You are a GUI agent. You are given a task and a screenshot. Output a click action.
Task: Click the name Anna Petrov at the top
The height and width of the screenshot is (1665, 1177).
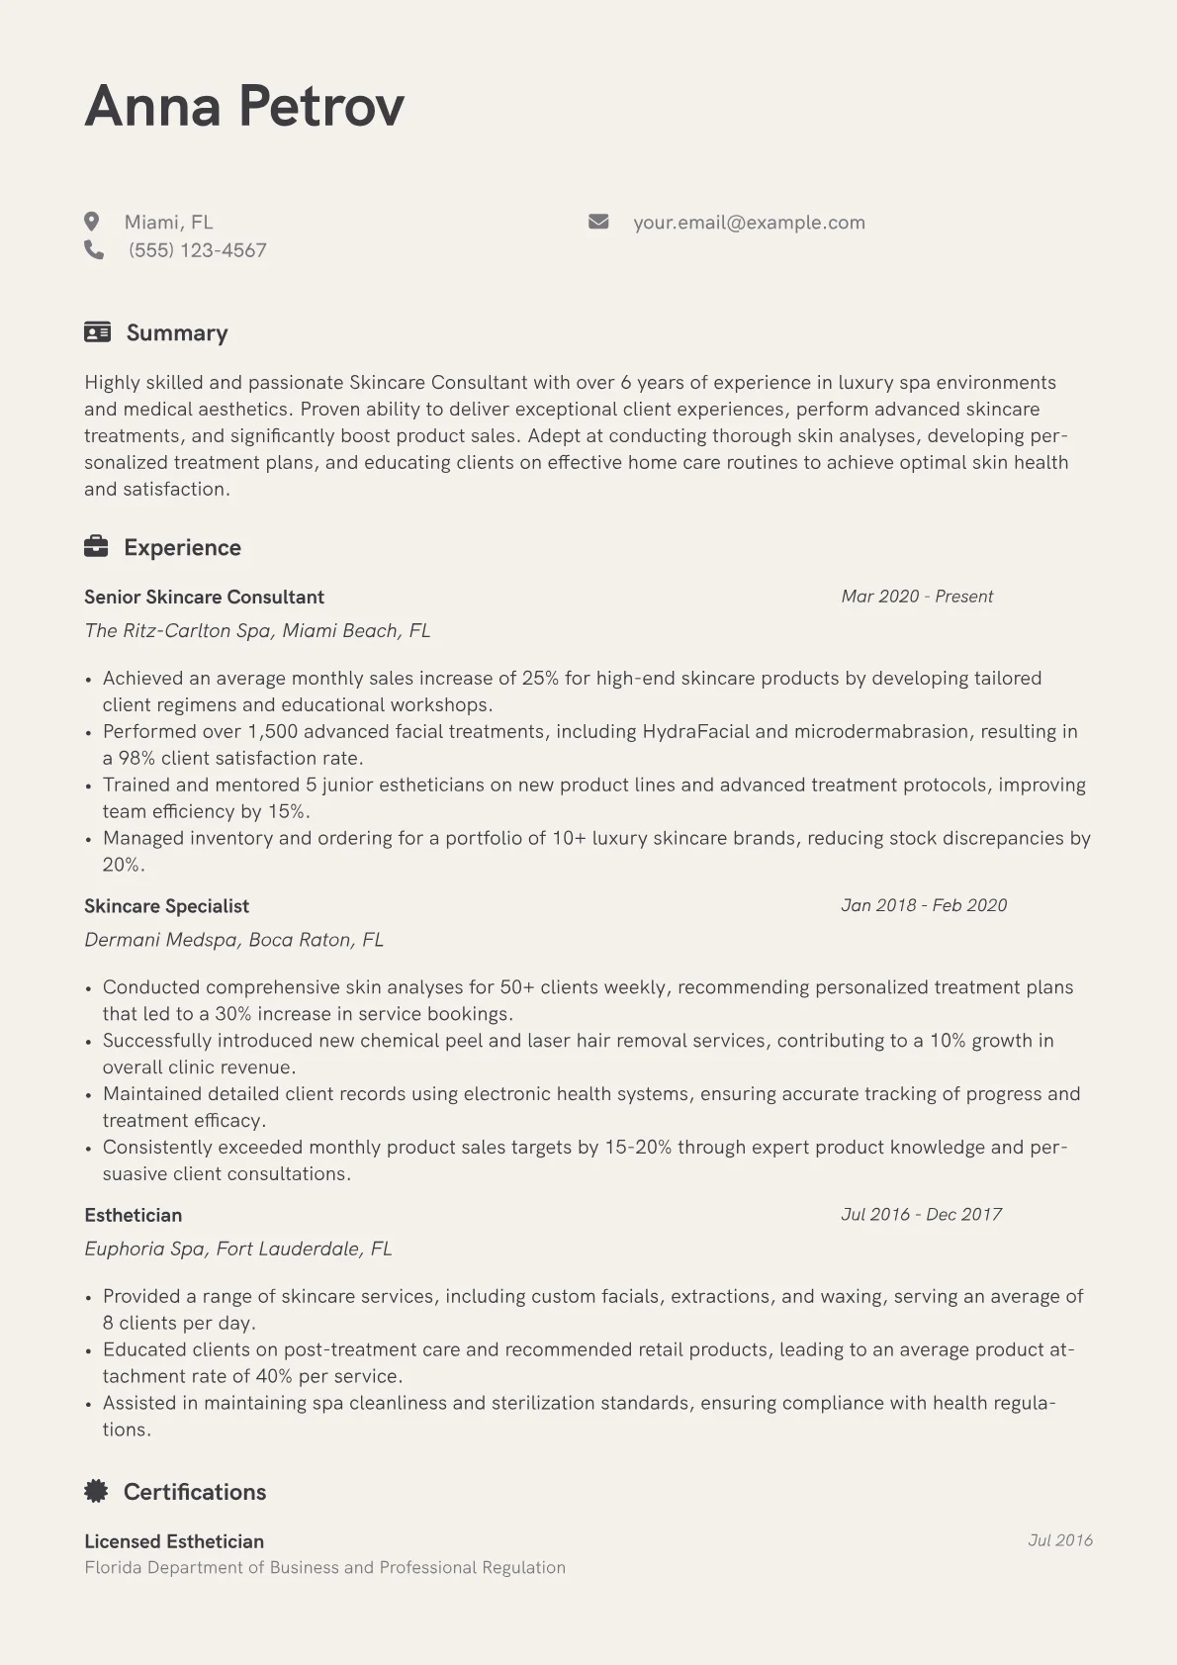[x=244, y=106]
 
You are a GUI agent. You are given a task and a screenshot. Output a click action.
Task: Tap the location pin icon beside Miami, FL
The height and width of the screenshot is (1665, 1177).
[x=92, y=222]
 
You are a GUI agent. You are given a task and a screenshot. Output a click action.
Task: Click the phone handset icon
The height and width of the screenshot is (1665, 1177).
[x=94, y=249]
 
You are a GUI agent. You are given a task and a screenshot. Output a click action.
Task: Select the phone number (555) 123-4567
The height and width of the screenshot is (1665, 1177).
[x=198, y=250]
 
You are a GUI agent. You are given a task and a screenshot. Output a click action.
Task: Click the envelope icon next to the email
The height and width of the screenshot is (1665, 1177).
[x=598, y=222]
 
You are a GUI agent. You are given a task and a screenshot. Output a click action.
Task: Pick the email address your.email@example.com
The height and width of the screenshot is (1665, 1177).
[x=749, y=223]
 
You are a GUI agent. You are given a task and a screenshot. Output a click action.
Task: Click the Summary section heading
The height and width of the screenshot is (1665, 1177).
[x=176, y=332]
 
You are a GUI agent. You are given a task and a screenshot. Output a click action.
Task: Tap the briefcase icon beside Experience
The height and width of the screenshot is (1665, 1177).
[x=96, y=546]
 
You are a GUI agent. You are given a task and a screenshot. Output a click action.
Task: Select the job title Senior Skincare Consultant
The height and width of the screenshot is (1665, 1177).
[x=204, y=597]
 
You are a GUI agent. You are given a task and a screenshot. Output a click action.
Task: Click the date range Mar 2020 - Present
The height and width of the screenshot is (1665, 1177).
[x=916, y=597]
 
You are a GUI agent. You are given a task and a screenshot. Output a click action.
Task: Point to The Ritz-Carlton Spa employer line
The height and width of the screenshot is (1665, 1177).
[x=257, y=630]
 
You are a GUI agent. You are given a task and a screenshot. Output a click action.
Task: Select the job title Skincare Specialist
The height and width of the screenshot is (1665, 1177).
[x=166, y=905]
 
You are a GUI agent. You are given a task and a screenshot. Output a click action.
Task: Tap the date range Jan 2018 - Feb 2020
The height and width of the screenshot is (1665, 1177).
[x=923, y=905]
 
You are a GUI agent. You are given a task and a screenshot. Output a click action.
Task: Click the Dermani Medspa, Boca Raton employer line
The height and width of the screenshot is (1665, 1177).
[x=233, y=939]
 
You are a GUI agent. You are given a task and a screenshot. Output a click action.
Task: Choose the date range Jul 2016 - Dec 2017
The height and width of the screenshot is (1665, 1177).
[x=921, y=1214]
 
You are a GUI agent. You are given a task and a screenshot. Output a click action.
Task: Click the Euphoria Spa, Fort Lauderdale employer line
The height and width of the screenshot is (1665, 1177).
[x=237, y=1249]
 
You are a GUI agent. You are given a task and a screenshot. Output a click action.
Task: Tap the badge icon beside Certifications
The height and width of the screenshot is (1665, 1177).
[x=96, y=1491]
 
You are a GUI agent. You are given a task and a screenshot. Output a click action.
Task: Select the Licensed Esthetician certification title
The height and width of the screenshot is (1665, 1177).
[x=174, y=1541]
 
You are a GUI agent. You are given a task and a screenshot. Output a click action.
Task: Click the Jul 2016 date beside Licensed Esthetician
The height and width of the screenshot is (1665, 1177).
[x=1059, y=1540]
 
